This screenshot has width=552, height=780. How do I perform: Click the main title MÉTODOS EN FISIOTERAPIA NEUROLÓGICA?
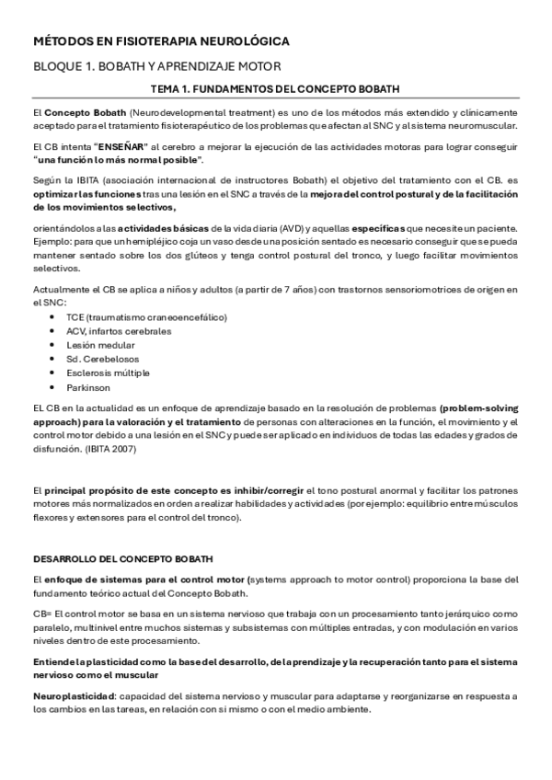[161, 42]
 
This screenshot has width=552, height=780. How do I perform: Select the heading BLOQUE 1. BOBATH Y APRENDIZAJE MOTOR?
[156, 66]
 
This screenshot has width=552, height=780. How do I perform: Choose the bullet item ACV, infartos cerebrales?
[119, 331]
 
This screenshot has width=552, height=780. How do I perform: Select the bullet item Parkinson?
[88, 387]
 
